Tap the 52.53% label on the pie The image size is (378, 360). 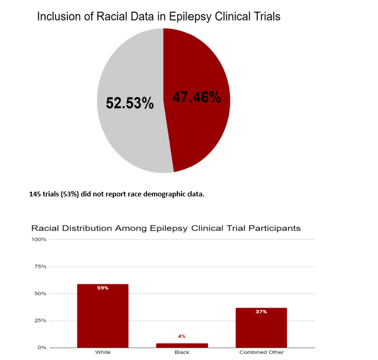point(130,103)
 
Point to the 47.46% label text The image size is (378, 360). point(196,97)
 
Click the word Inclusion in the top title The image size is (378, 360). point(58,16)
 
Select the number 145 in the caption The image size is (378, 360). point(35,194)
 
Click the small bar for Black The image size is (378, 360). point(182,345)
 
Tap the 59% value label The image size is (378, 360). point(103,288)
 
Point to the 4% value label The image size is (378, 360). point(182,336)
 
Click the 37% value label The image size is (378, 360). point(261,312)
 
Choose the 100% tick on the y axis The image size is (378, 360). point(40,239)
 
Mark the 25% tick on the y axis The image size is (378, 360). point(41,320)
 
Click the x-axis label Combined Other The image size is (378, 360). point(261,353)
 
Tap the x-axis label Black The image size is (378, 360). point(182,353)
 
